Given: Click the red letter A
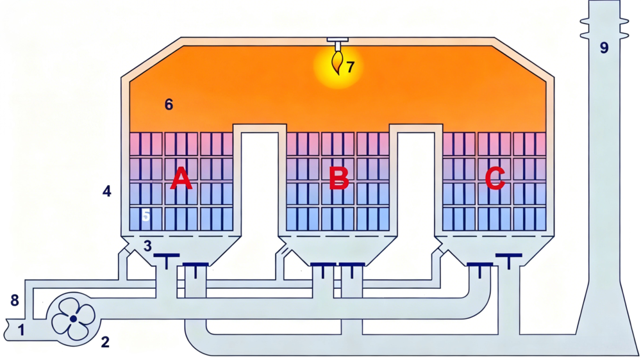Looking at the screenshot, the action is click(x=181, y=180).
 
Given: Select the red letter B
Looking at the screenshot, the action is click(x=339, y=179).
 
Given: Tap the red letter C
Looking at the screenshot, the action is click(x=495, y=179).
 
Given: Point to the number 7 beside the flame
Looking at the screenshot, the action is click(x=350, y=67).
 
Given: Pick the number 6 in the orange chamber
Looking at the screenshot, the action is click(x=169, y=104).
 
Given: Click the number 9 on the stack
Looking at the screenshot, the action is click(x=604, y=48).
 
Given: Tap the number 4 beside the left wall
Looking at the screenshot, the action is click(x=106, y=191).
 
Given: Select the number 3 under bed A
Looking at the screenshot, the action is click(x=147, y=245).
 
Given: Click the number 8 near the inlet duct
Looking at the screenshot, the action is click(x=14, y=300).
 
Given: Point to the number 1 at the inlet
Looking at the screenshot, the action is click(x=21, y=329).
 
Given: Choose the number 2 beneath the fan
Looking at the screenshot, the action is click(x=105, y=342).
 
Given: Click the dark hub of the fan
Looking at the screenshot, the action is click(x=73, y=318).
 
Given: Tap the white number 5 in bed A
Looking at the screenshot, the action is click(x=146, y=215).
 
